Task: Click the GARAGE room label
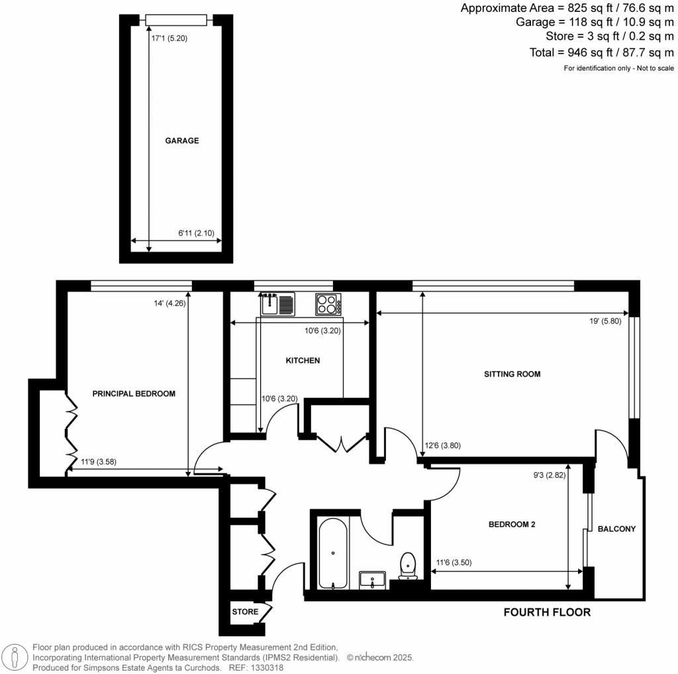(182, 141)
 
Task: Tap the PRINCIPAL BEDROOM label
(134, 394)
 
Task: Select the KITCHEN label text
(303, 361)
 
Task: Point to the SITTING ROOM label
(512, 374)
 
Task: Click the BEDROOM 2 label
(511, 524)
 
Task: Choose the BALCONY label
(616, 529)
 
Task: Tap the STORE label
(245, 612)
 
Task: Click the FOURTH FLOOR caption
(547, 612)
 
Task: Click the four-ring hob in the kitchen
(328, 305)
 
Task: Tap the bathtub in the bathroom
(332, 554)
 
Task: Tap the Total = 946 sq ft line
(601, 52)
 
